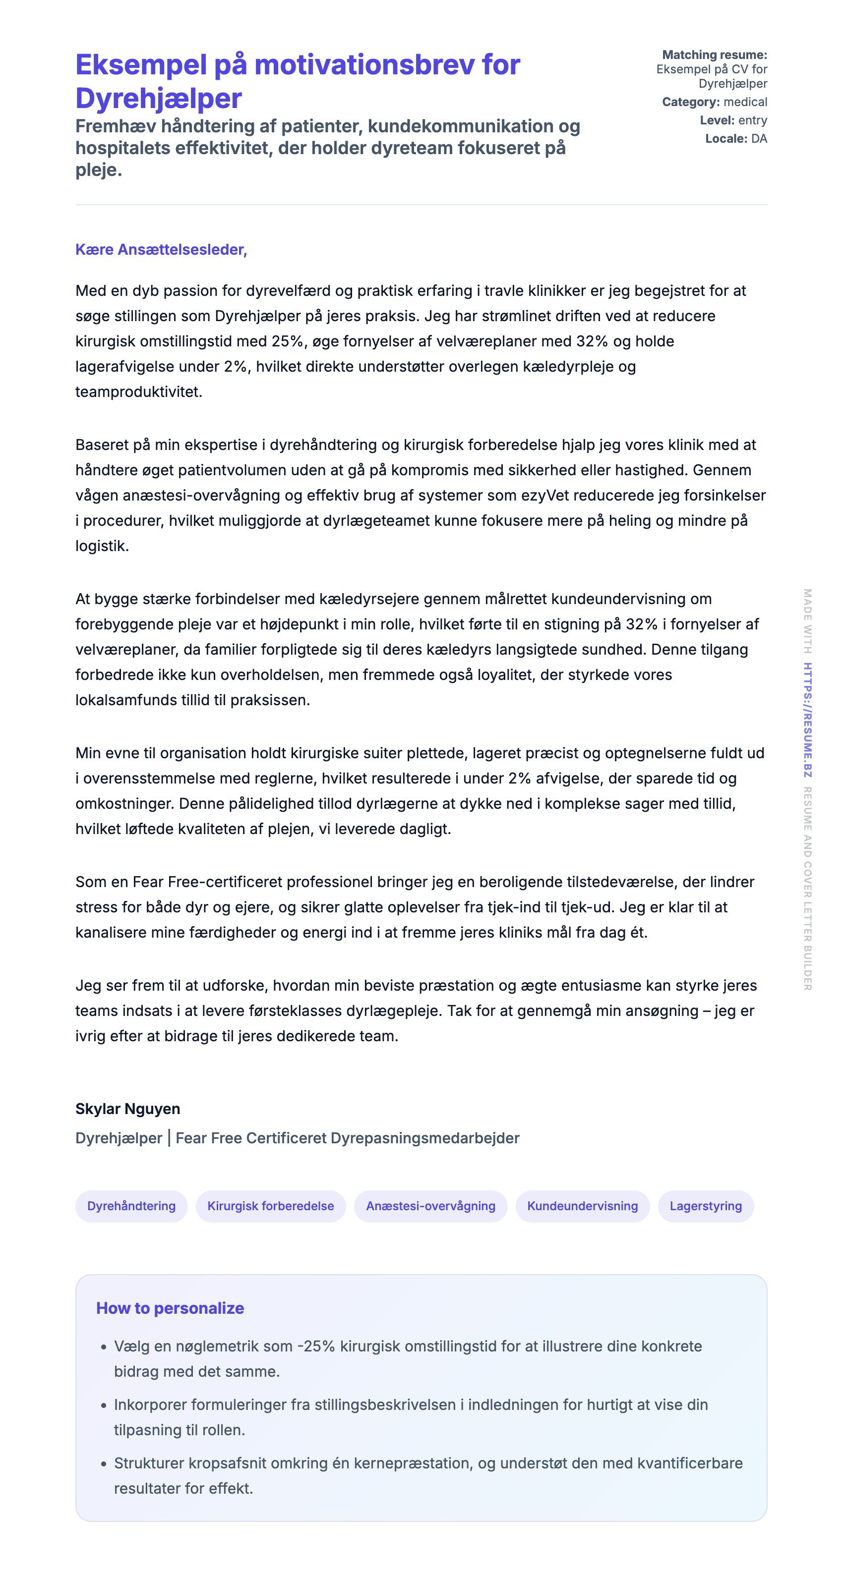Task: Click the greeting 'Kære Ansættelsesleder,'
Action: coord(161,250)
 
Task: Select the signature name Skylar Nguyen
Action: coord(127,1109)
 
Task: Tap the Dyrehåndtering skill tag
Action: coord(131,1206)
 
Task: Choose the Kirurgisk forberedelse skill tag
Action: coord(270,1206)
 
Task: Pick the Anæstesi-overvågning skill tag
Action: coord(430,1206)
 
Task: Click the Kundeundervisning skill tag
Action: coord(582,1206)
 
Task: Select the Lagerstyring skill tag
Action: coord(705,1206)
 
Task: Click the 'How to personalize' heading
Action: coord(170,1308)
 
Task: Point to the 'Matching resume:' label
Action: coord(715,55)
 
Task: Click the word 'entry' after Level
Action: coord(753,120)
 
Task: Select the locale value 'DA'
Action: coord(759,138)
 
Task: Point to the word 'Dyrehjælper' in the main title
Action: coord(159,98)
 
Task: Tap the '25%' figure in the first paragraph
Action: coord(288,341)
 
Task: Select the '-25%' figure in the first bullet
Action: coord(316,1346)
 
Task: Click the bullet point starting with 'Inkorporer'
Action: coord(411,1417)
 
